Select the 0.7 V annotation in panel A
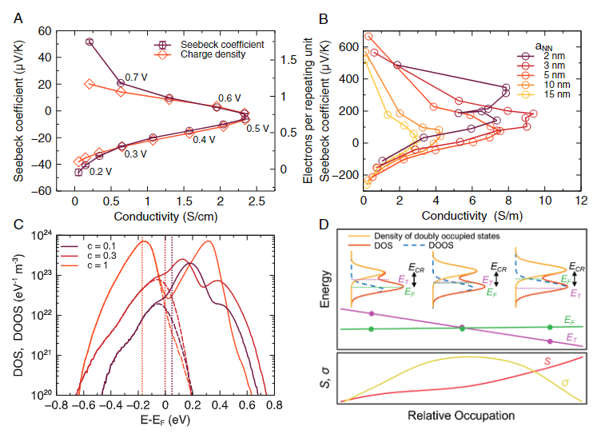[131, 78]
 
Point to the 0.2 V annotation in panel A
[100, 170]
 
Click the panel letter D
[324, 223]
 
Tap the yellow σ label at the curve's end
[564, 383]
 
